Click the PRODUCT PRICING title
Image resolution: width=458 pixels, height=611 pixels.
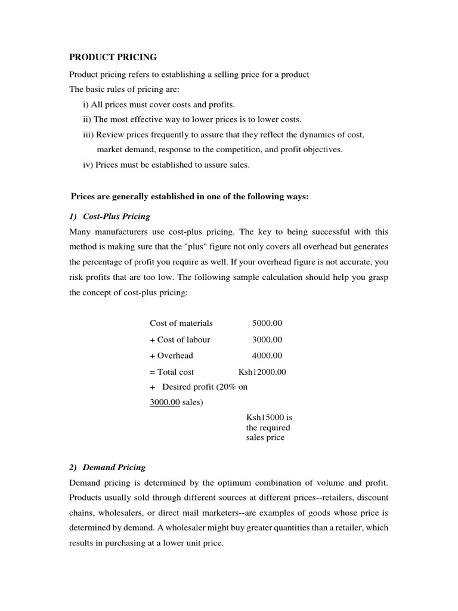pyautogui.click(x=113, y=57)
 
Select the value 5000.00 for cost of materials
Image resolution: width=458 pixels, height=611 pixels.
pyautogui.click(x=267, y=323)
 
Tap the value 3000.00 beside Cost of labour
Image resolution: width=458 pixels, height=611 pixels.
pyautogui.click(x=267, y=340)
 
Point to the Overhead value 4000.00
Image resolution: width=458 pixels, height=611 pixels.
pyautogui.click(x=267, y=356)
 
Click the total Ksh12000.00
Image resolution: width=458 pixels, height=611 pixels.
pyautogui.click(x=262, y=372)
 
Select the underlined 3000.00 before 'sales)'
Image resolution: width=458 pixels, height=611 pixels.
pyautogui.click(x=165, y=402)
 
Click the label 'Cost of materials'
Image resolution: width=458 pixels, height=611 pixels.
pyautogui.click(x=181, y=323)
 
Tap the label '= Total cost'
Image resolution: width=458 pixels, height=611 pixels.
pyautogui.click(x=172, y=372)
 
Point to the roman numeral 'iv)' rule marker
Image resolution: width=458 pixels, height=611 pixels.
pyautogui.click(x=88, y=165)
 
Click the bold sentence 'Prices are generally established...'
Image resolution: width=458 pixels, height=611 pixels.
pyautogui.click(x=190, y=196)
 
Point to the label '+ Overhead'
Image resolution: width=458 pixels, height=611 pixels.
pyautogui.click(x=171, y=356)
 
